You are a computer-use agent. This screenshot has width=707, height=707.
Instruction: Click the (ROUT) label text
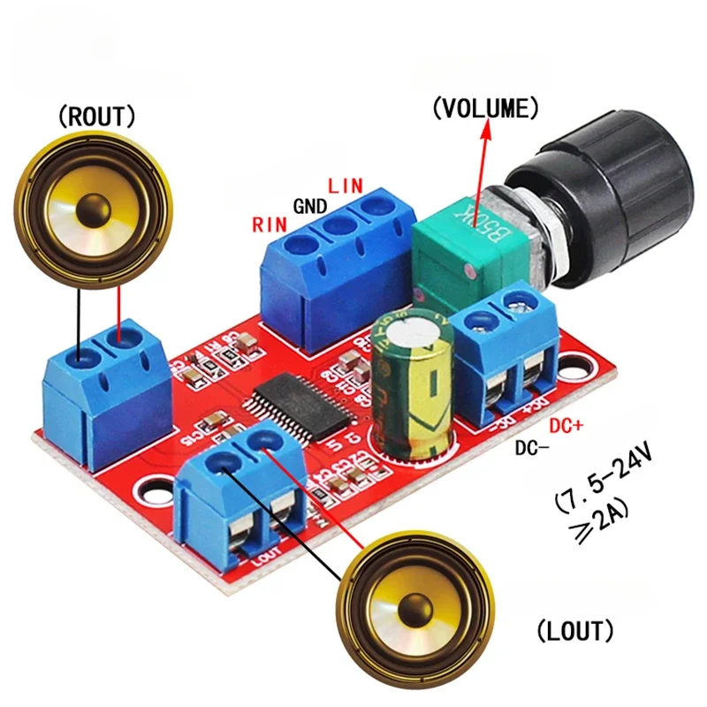96,115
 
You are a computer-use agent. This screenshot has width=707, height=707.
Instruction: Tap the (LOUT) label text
574,631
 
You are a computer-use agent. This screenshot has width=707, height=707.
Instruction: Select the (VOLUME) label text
484,109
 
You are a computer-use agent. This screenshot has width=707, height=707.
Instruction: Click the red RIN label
270,224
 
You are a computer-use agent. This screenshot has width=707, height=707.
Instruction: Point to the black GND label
309,207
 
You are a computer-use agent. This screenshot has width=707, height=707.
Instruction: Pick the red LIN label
345,187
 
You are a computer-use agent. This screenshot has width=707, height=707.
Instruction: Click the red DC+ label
567,425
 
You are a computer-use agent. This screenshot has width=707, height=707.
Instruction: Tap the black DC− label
533,447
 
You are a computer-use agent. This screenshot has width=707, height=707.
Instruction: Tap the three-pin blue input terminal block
340,265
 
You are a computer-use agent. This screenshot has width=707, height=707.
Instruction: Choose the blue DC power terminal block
511,353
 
